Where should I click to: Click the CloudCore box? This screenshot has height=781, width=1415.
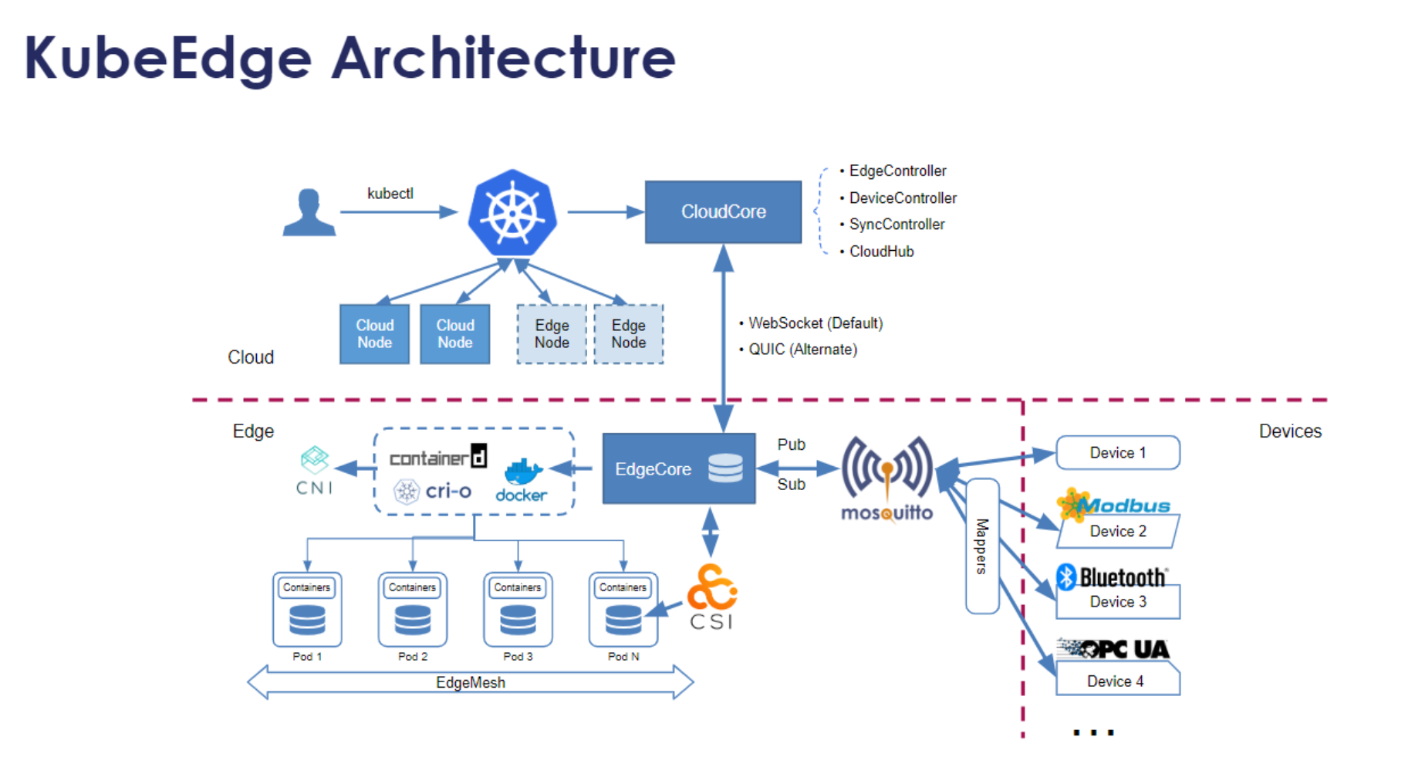tap(723, 212)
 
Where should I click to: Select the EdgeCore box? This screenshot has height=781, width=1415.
tap(679, 468)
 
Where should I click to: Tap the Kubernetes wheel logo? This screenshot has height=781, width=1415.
tap(512, 212)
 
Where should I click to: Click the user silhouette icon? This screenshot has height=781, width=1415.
tap(309, 211)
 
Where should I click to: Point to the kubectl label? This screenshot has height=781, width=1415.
tap(390, 193)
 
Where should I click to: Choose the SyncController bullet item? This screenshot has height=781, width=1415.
tap(897, 225)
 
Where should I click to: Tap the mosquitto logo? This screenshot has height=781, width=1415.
tap(887, 479)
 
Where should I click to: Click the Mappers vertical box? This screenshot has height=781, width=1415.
tap(982, 546)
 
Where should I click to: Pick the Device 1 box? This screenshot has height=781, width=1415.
tap(1118, 453)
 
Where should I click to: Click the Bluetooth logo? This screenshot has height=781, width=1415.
tap(1112, 576)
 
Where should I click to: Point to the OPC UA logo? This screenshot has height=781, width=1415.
tap(1113, 649)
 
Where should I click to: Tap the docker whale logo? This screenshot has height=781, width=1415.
tap(522, 481)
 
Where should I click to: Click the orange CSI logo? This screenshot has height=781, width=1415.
tap(712, 597)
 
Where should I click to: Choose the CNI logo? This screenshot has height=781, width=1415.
tap(315, 471)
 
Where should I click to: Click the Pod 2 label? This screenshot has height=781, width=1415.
tap(413, 657)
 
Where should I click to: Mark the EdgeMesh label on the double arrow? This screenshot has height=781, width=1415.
tap(471, 683)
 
